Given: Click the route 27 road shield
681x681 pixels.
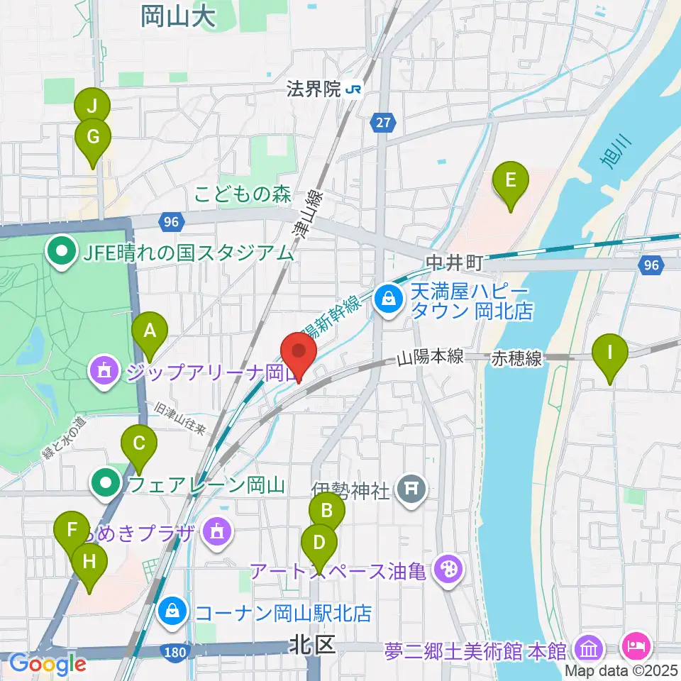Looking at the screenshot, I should pos(383,123).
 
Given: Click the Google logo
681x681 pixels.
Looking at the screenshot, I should pos(48,664).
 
